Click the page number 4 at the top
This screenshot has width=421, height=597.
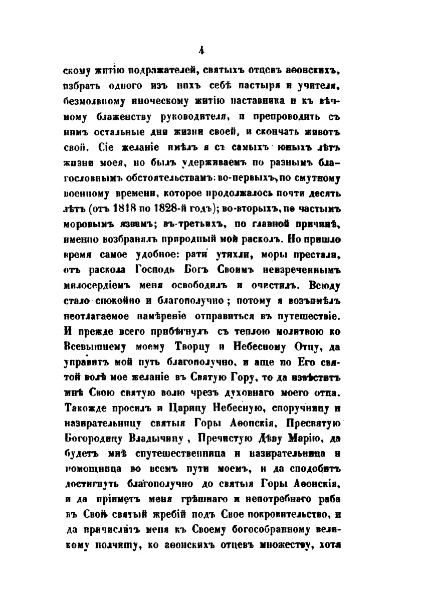pyautogui.click(x=200, y=50)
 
